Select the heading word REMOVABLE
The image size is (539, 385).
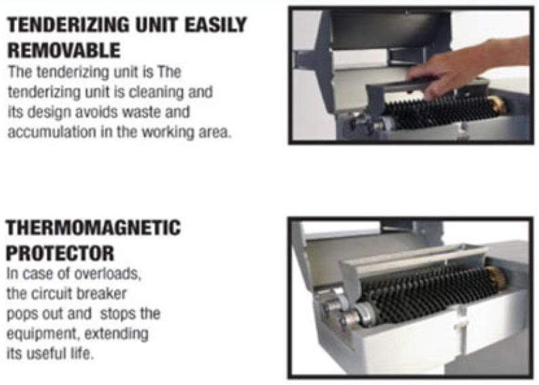point(64,50)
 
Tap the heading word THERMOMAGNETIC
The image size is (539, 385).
point(93,229)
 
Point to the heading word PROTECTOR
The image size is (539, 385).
point(60,253)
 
